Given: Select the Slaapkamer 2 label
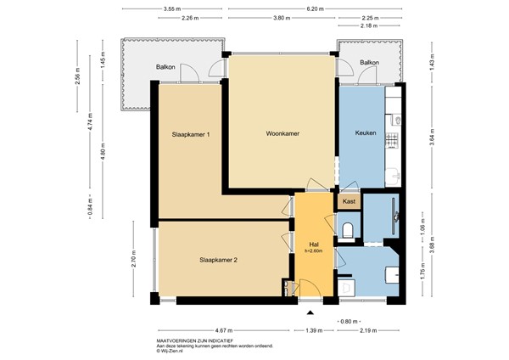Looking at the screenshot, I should coord(218,260).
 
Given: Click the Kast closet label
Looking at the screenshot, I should coord(350,201).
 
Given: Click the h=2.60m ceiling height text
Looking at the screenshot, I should coord(313,250).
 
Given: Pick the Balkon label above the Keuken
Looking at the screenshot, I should coord(369,63).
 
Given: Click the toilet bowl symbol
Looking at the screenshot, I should coord(350,228).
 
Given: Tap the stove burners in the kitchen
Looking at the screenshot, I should coord(392,138).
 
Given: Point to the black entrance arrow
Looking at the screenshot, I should coord(309,312).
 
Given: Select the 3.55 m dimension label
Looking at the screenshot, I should coord(175,8).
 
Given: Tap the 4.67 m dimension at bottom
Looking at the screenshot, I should coord(224,329).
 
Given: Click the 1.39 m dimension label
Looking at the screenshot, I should coord(313,329).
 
